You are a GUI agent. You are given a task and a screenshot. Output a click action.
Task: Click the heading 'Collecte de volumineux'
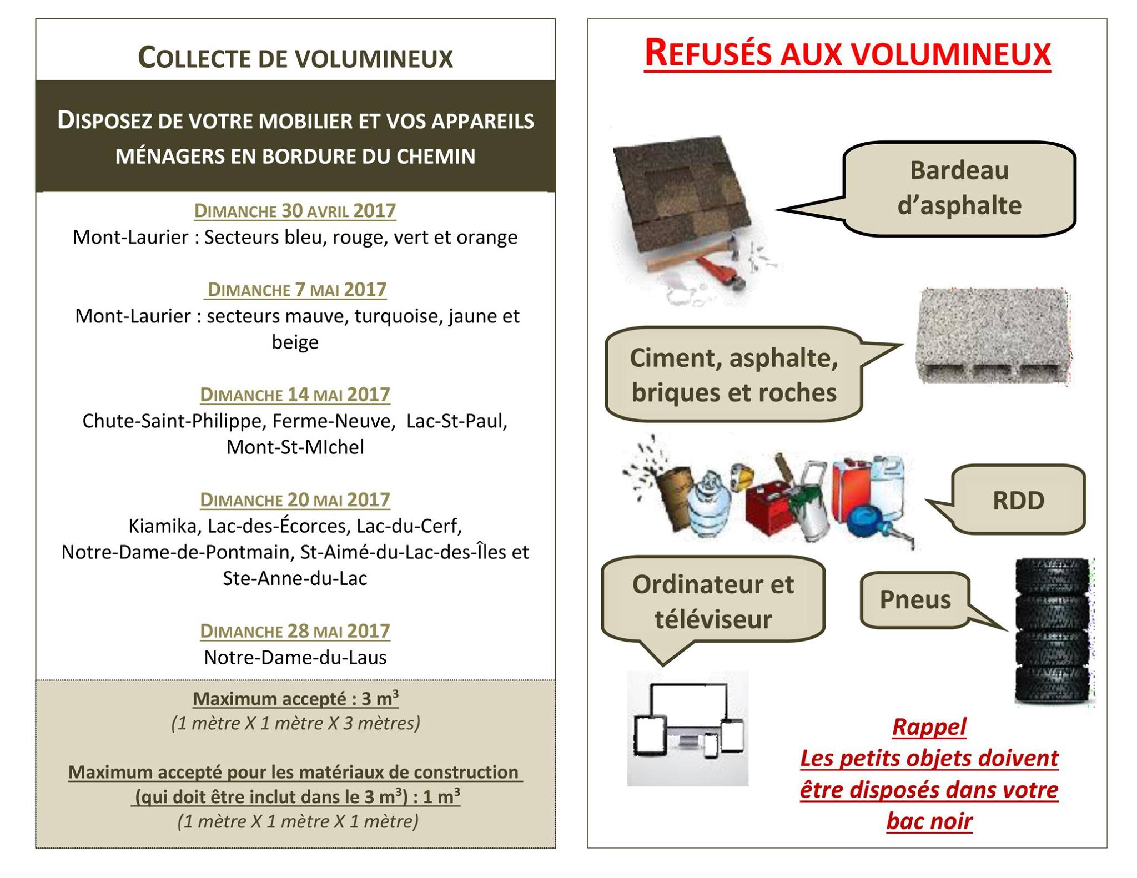(295, 58)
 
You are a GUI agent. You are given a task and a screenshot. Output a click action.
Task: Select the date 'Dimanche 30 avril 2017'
(295, 211)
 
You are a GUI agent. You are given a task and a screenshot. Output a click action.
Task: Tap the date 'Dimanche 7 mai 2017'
(296, 290)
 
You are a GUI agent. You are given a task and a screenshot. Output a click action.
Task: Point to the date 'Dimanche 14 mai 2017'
(295, 395)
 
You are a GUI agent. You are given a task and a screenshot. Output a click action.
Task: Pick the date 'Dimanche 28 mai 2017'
(295, 632)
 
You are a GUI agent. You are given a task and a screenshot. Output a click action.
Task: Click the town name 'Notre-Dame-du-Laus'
(295, 658)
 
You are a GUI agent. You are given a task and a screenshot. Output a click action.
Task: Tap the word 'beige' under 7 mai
(295, 342)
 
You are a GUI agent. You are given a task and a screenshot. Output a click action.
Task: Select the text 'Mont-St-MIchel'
(295, 447)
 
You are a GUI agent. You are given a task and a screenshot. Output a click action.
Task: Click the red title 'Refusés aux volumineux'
(847, 54)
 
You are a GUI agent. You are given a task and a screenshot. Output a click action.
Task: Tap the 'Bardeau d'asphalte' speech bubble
(959, 189)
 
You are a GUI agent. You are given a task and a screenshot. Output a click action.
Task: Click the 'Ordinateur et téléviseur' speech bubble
(713, 602)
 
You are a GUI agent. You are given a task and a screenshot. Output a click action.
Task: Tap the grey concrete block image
(993, 335)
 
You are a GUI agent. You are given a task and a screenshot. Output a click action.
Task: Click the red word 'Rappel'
(929, 727)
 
